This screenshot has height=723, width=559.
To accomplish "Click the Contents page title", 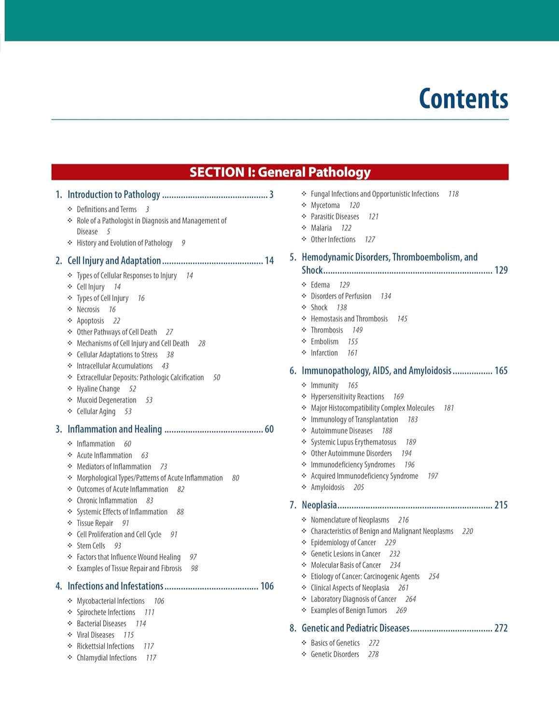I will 463,99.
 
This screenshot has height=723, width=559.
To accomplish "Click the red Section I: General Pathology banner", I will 280,172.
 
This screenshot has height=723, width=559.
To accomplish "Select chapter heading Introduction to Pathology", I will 114,194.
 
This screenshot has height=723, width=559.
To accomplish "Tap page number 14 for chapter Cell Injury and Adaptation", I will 269,261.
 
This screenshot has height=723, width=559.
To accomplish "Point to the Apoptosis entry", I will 90,321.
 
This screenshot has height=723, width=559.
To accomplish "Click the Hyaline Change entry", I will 98,389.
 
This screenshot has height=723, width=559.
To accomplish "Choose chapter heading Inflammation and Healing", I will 115,429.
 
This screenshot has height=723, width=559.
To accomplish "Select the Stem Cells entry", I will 91,546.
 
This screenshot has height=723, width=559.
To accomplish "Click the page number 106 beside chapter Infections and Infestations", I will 267,586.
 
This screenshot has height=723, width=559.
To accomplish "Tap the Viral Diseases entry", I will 96,635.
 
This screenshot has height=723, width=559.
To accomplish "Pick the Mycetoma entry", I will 325,205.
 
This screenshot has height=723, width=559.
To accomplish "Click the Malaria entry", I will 321,228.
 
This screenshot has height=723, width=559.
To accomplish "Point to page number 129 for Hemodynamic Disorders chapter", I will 501,270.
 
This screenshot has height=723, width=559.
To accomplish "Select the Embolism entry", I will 324,341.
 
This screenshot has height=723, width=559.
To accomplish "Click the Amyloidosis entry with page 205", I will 328,487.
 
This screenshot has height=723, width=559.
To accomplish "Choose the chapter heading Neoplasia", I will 319,505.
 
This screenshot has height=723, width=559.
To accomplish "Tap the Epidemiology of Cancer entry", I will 343,543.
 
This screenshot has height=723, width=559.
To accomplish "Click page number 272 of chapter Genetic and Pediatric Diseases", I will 501,628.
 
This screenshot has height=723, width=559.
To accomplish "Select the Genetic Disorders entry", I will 335,654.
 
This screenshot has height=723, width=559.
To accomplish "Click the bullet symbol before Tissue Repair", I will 70,523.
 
